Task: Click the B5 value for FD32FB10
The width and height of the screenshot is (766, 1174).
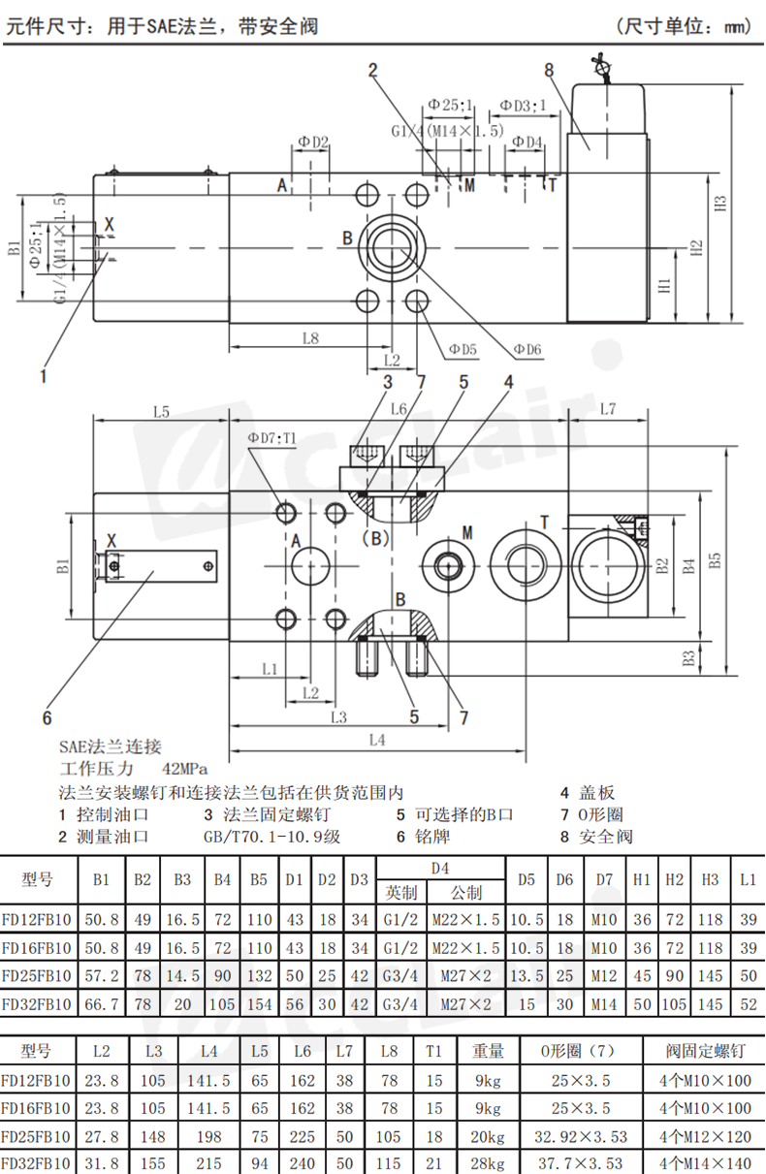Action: (x=259, y=1004)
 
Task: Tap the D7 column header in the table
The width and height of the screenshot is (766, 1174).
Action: (x=604, y=880)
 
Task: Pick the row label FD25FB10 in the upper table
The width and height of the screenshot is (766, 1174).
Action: (x=37, y=976)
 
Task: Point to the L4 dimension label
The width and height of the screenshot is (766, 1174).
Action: (x=378, y=740)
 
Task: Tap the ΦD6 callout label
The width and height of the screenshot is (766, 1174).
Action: (x=527, y=349)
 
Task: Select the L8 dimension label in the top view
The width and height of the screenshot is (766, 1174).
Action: (x=310, y=338)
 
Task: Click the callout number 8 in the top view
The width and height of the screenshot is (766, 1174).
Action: (x=549, y=70)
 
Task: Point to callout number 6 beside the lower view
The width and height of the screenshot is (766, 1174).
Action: (x=46, y=717)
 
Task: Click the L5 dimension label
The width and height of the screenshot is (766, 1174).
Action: (x=161, y=411)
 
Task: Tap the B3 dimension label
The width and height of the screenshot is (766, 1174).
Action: (x=688, y=657)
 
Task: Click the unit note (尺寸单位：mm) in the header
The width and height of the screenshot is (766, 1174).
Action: (x=685, y=26)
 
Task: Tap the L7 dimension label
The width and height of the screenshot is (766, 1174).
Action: (x=608, y=409)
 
